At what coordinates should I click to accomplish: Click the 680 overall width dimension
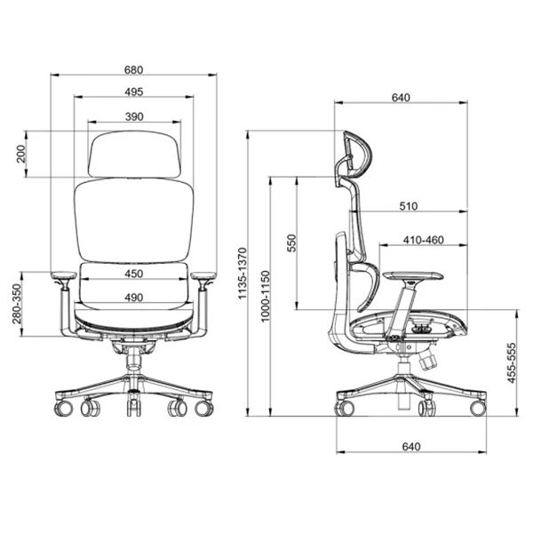click(x=133, y=69)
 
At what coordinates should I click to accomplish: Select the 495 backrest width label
click(x=133, y=91)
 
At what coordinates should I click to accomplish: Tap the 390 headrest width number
click(x=134, y=116)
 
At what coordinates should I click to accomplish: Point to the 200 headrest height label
click(x=21, y=154)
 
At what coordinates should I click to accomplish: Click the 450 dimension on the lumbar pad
click(x=133, y=274)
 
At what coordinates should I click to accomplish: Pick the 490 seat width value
click(x=133, y=298)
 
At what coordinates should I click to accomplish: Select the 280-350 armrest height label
click(x=17, y=304)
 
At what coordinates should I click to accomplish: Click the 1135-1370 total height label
click(x=242, y=274)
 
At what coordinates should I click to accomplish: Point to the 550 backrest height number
click(x=292, y=243)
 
